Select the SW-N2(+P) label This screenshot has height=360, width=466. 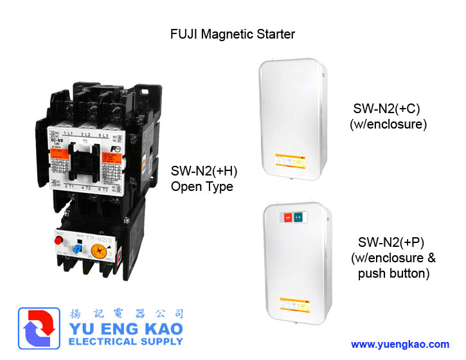[393, 242]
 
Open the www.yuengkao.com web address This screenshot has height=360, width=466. [400, 345]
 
